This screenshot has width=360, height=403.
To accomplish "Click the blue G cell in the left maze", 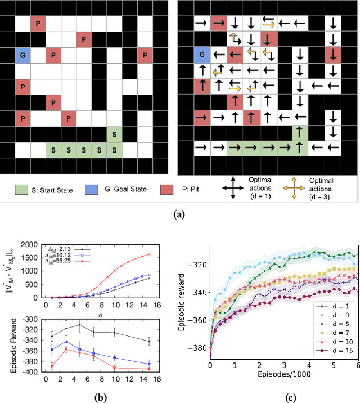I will [x=22, y=56].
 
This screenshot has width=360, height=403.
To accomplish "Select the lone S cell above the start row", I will [x=115, y=134].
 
